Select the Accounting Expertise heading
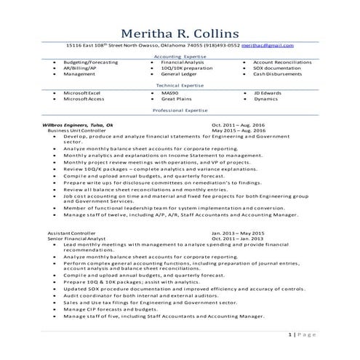180,56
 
